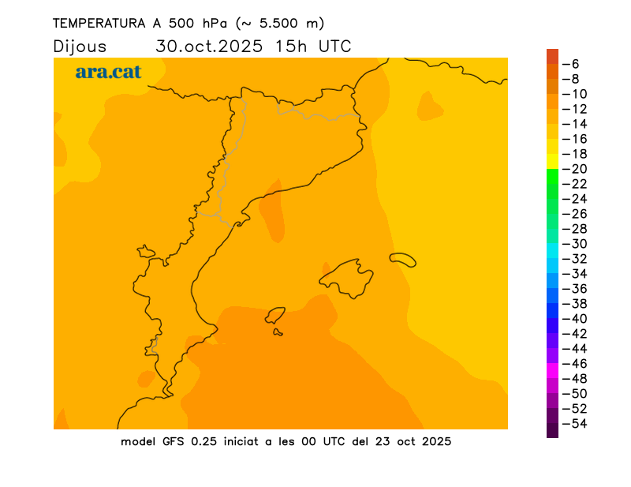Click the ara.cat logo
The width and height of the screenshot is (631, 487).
click(x=108, y=72)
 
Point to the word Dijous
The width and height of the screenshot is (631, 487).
click(x=80, y=47)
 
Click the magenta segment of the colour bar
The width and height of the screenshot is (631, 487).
click(x=552, y=371)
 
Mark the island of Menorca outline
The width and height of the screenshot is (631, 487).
click(x=402, y=259)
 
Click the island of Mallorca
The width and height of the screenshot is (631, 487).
click(x=347, y=276)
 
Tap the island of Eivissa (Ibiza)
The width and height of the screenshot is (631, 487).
click(x=275, y=316)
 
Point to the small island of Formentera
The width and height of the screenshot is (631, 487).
click(x=278, y=332)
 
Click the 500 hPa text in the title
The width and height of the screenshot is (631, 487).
click(x=193, y=24)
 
